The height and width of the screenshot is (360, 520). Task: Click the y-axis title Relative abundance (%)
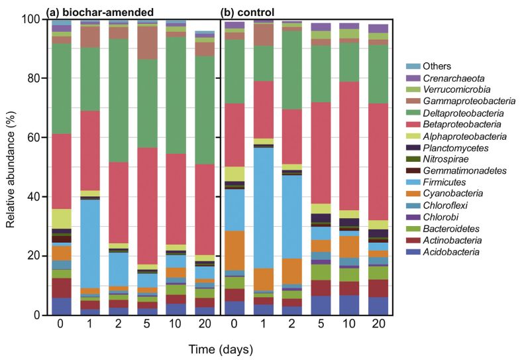point(11,167)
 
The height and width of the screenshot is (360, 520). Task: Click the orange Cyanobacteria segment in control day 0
point(234,250)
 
